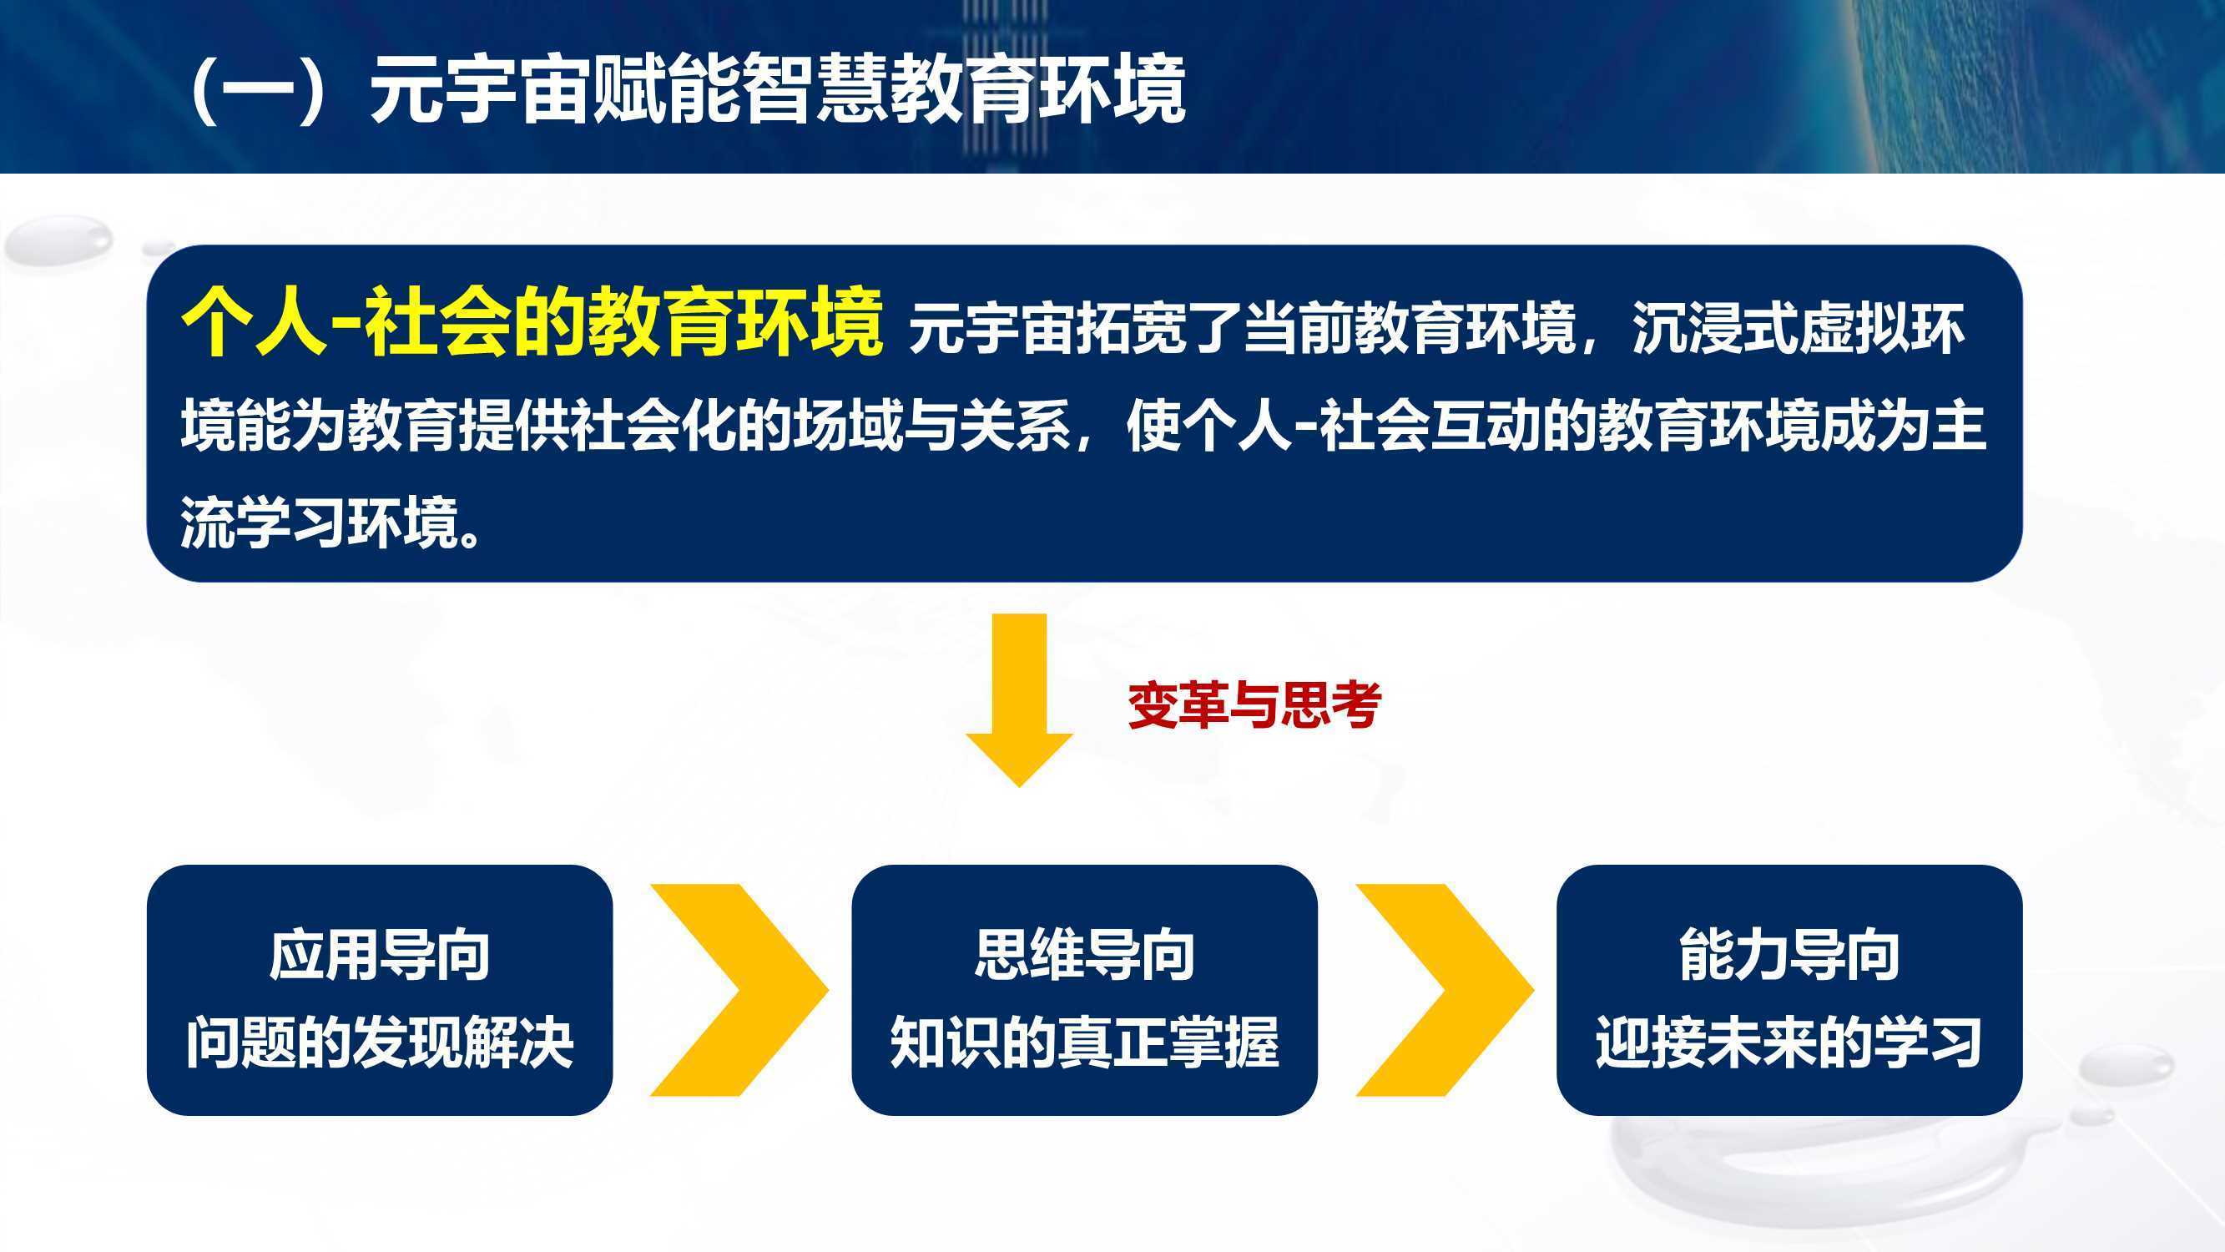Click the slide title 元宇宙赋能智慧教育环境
click(x=777, y=91)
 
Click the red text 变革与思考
click(x=1255, y=705)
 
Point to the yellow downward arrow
click(x=1019, y=700)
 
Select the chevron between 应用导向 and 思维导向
click(x=739, y=989)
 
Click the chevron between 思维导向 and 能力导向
click(x=1445, y=989)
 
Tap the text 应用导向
click(x=379, y=955)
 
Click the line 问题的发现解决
click(x=379, y=1042)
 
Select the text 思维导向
click(x=1084, y=955)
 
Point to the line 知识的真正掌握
click(x=1084, y=1042)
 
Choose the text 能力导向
click(x=1789, y=955)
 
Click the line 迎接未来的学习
click(x=1789, y=1042)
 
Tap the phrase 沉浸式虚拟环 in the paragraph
click(x=1799, y=328)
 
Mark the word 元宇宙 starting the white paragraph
click(x=991, y=328)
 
